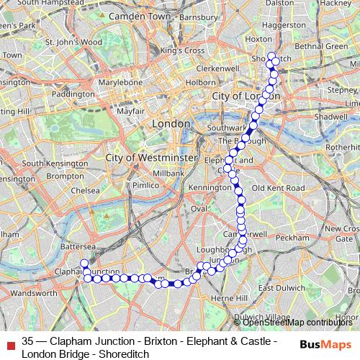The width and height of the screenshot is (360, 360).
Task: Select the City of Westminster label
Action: [151, 157]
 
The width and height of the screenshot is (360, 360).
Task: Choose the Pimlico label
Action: [145, 185]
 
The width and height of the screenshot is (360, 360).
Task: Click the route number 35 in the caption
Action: [28, 341]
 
